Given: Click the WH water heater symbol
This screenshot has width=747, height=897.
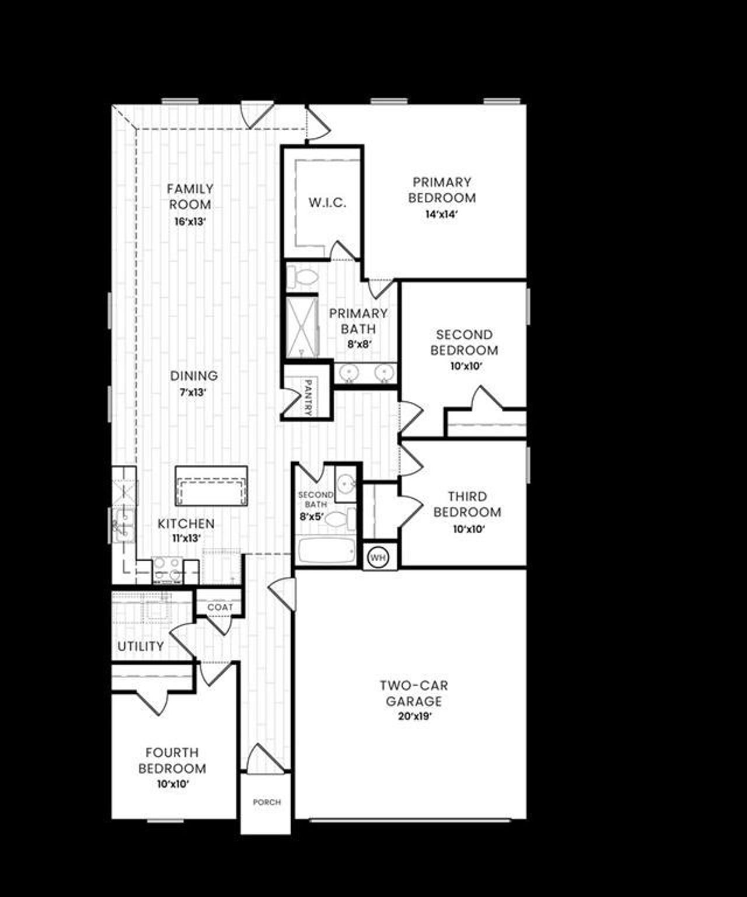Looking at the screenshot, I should (x=378, y=558).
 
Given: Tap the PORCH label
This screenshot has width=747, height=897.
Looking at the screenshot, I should (x=267, y=802).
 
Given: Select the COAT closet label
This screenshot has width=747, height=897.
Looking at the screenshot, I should (x=220, y=607).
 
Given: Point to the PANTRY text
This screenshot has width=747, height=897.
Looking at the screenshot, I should (x=308, y=398).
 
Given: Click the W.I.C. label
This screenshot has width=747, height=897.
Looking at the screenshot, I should (x=327, y=203).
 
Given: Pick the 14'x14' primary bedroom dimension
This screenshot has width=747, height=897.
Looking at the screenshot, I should (x=442, y=214).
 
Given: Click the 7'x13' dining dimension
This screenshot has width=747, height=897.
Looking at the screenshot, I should (x=193, y=392).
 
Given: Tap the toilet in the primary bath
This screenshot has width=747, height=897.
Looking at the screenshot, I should (x=303, y=277).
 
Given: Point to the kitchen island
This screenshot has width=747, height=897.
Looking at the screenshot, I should (x=211, y=486).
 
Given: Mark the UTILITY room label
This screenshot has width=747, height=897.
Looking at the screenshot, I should (x=141, y=646).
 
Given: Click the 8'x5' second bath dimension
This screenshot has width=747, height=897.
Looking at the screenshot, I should (x=312, y=516).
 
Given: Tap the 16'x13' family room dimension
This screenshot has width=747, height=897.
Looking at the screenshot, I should (x=190, y=222).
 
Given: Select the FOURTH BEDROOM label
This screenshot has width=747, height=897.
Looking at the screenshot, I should (x=172, y=760).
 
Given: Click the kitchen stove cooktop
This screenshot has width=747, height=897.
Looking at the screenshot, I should (x=167, y=569).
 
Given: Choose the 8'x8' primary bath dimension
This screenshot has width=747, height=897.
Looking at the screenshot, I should (x=359, y=345).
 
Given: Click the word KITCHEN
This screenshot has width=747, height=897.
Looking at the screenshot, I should (x=186, y=524).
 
